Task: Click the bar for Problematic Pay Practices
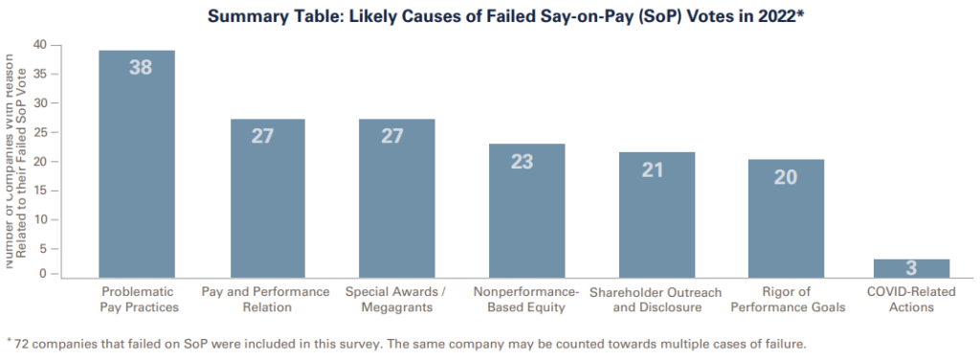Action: coord(137,163)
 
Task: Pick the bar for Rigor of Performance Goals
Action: coord(786,216)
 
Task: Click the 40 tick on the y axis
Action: coord(39,44)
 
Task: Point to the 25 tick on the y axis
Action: coord(39,131)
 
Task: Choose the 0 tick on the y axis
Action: coord(43,274)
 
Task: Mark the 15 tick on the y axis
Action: coord(39,189)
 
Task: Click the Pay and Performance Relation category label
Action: coord(266,299)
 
